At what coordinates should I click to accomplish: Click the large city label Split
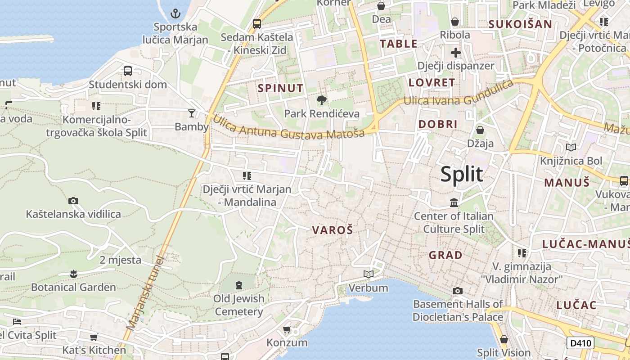462,174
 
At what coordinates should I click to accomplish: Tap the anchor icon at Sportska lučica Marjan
175,13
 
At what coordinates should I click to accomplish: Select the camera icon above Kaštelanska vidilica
73,201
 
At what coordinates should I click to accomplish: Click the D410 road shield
580,343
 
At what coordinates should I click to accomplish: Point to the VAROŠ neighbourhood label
333,230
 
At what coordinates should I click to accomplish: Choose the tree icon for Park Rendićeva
321,100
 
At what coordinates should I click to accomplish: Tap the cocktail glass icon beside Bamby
192,113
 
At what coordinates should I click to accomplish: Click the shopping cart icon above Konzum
287,330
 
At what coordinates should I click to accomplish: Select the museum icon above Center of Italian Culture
454,203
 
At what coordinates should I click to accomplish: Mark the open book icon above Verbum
368,274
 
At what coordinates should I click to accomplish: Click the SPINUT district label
280,88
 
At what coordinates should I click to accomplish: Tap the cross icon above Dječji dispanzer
455,53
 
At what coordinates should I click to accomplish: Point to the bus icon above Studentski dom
128,71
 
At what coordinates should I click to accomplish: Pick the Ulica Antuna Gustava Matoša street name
288,127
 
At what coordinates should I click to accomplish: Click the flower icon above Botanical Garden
73,274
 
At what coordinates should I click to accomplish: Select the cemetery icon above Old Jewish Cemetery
238,285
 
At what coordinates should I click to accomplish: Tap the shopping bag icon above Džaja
480,130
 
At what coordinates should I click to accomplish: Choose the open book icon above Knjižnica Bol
571,147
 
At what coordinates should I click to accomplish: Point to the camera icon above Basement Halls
457,291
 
